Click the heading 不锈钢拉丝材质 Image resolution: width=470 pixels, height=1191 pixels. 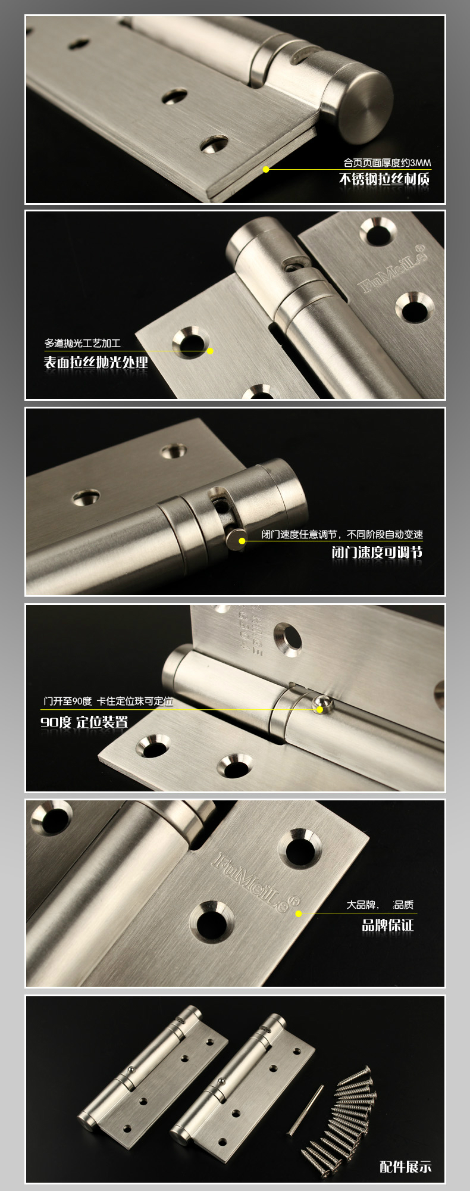(384, 179)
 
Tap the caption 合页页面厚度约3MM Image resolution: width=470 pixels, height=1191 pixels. (387, 162)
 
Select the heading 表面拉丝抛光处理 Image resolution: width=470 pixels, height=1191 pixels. (96, 362)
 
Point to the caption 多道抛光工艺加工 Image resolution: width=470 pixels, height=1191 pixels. (83, 343)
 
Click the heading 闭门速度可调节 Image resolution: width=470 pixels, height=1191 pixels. (377, 552)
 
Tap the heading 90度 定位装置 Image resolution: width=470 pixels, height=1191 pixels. (84, 722)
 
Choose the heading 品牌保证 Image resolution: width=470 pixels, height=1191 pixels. (388, 924)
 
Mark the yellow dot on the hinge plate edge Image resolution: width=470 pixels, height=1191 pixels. (266, 169)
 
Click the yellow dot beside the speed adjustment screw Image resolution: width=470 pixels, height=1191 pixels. (242, 541)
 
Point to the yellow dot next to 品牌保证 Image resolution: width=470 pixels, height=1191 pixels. (299, 913)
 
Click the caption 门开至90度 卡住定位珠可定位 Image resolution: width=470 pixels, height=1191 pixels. (108, 701)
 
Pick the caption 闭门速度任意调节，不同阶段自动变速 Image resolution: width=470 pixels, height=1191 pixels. (342, 534)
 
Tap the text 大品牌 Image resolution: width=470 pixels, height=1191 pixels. (362, 905)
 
